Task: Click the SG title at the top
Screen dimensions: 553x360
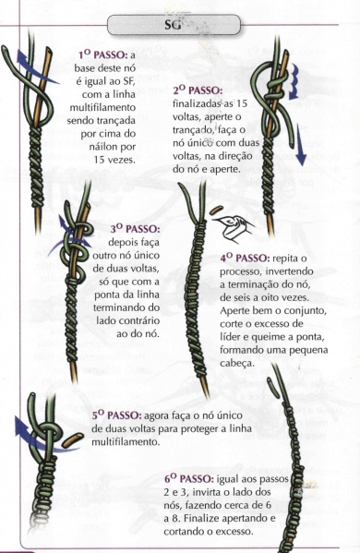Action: click(175, 22)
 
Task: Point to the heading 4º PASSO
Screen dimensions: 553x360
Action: click(245, 257)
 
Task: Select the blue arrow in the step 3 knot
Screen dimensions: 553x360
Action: click(66, 221)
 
